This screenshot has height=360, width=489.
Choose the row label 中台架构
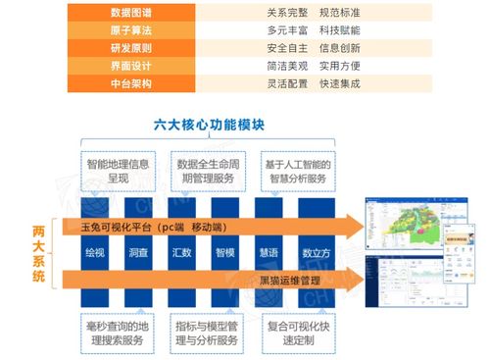[132, 85]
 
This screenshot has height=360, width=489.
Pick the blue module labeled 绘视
[95, 252]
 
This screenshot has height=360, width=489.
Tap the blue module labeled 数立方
[315, 252]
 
